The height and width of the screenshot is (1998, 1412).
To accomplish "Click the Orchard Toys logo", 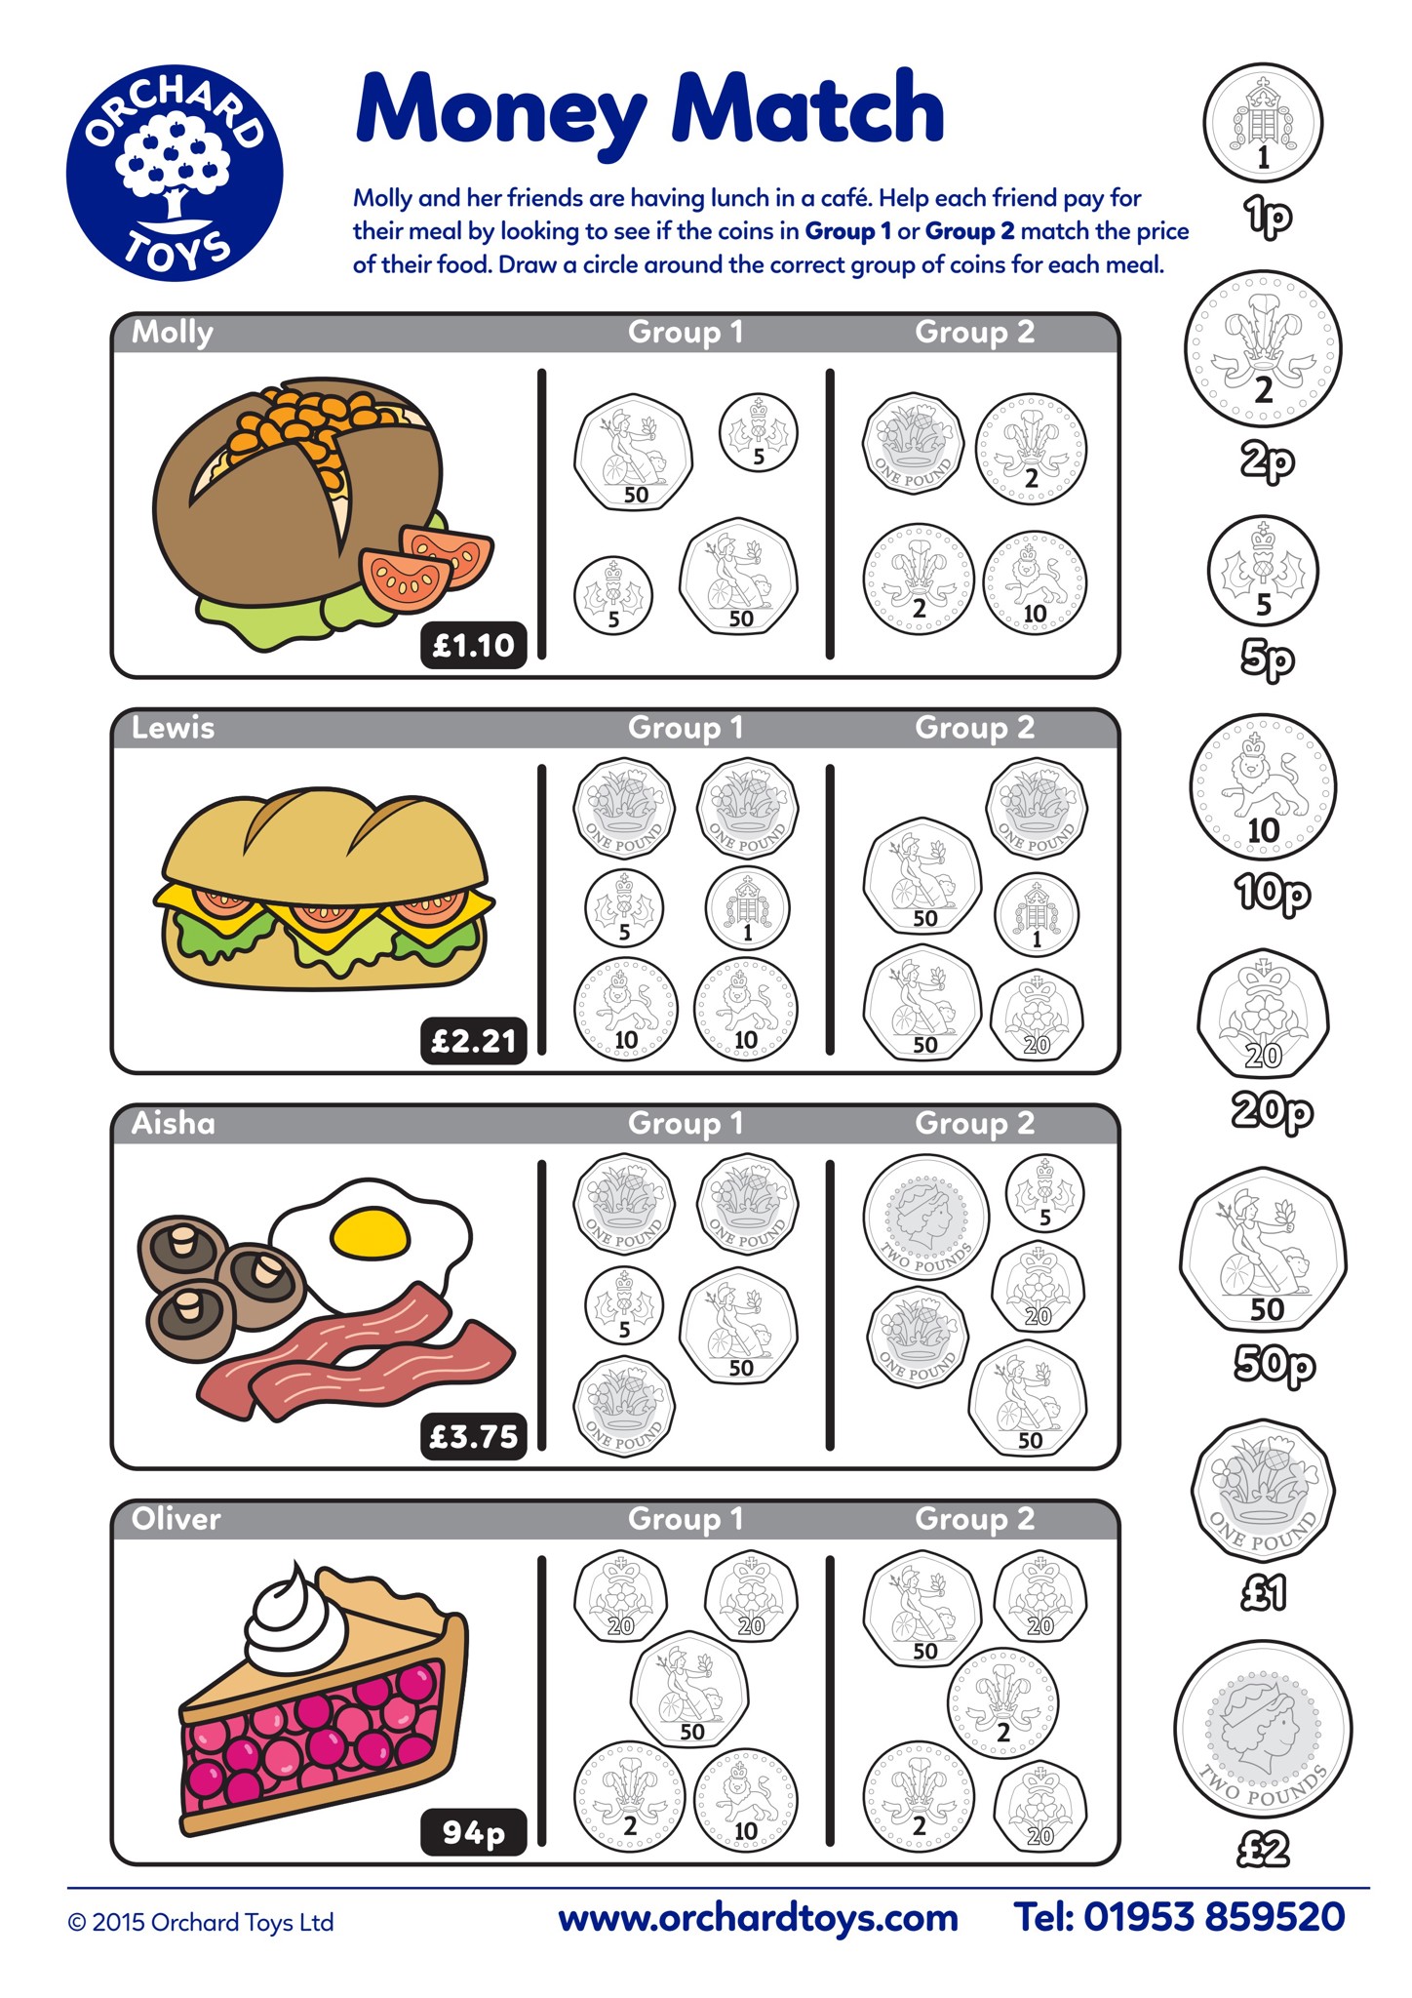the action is [175, 174].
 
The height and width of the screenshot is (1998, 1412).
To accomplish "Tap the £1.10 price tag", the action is [474, 645].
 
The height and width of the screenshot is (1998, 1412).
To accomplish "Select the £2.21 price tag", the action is [474, 1041].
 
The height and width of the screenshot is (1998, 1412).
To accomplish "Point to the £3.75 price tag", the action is [474, 1436].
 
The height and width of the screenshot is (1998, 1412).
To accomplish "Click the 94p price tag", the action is [474, 1832].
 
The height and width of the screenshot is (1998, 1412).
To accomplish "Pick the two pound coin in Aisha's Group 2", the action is [925, 1218].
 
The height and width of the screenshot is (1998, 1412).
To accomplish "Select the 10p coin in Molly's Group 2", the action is [1035, 582].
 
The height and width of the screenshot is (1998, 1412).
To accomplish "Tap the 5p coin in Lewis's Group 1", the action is [624, 908].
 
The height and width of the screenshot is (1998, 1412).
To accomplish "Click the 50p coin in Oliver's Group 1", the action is [689, 1691].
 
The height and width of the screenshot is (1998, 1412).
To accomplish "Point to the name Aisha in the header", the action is [174, 1123].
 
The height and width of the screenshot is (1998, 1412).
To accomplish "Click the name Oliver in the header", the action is [176, 1519].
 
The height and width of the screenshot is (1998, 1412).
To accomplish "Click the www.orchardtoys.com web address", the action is [758, 1918].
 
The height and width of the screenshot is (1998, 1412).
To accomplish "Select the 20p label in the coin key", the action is [1273, 1111].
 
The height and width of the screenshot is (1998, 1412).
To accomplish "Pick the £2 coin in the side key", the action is [1264, 1731].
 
